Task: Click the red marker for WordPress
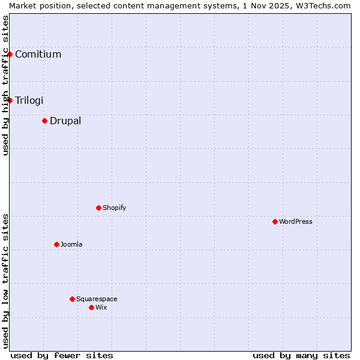pos(275,221)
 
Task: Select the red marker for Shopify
pos(98,208)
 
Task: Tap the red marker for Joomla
pos(56,244)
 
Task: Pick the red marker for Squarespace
pos(72,299)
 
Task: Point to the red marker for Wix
pos(91,307)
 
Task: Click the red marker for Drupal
pos(44,121)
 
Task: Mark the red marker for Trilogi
pos(10,100)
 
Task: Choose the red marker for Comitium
pos(10,54)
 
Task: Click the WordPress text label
pos(296,221)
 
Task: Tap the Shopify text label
pos(115,208)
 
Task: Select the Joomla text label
pos(71,244)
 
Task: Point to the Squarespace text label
pos(97,299)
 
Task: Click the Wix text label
pos(101,307)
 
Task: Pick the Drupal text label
pos(65,121)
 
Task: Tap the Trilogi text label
pos(29,100)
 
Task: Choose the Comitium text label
pos(38,54)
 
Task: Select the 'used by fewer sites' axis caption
pos(62,355)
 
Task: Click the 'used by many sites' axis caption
pos(301,355)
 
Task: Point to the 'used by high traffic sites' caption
pos(5,85)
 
